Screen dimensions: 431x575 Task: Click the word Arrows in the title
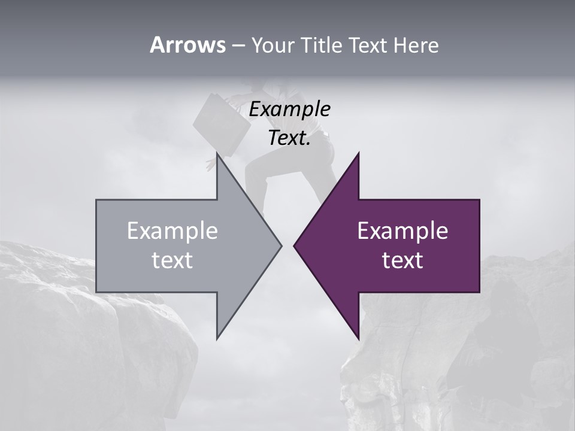click(187, 45)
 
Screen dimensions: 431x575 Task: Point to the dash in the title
click(238, 45)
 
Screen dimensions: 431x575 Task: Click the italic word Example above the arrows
click(289, 110)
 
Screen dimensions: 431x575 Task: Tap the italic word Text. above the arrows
click(289, 138)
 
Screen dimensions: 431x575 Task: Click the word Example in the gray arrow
click(172, 230)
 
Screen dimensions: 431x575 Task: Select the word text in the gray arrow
click(172, 260)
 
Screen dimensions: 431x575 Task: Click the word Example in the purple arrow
click(402, 230)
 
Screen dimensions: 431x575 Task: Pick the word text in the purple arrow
click(402, 260)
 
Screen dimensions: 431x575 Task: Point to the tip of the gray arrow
click(281, 245)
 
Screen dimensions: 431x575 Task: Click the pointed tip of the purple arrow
click(294, 245)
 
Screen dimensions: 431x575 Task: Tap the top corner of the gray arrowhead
click(217, 154)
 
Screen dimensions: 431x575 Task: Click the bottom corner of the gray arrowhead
click(217, 339)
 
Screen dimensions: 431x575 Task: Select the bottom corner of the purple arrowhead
click(358, 339)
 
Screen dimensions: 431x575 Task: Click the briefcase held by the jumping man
click(220, 123)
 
